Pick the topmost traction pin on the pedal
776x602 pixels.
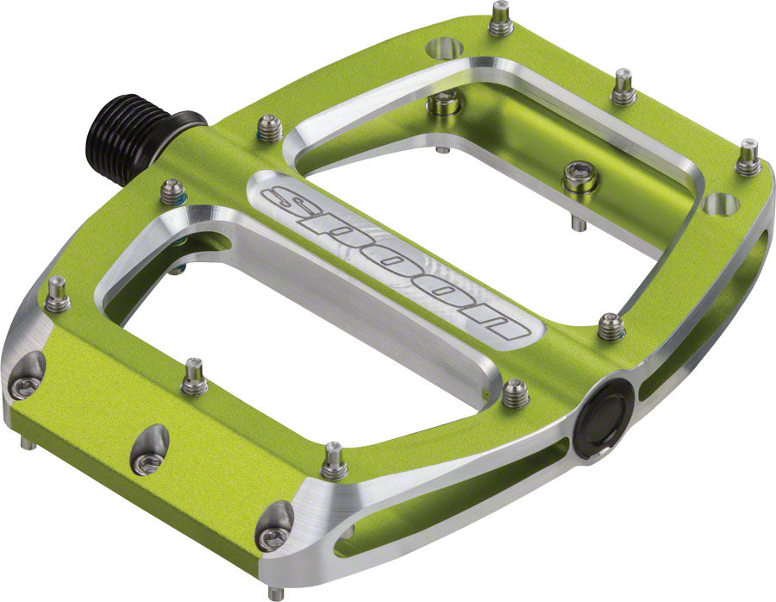(x=501, y=19)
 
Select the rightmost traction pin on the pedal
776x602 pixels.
(x=749, y=157)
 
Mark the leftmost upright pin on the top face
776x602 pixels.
(x=59, y=295)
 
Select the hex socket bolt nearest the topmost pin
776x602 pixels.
(x=444, y=103)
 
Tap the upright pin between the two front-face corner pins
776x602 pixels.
(x=193, y=377)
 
